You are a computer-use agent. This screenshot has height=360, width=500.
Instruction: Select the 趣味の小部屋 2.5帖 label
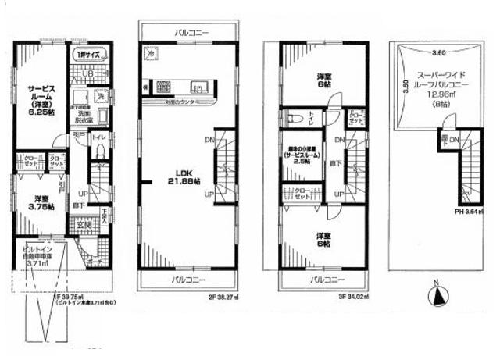[x=302, y=154]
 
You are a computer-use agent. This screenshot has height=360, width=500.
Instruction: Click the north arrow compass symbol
[x=436, y=294]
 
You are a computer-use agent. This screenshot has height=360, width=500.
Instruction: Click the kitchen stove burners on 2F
[x=163, y=85]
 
